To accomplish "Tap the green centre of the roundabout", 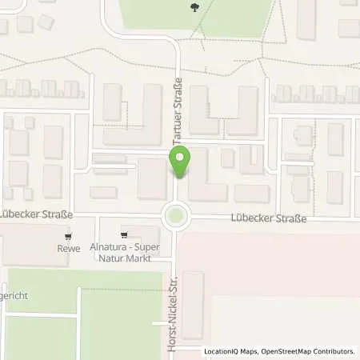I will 176,215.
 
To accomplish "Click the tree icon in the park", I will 196,9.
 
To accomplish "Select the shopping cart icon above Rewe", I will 70,236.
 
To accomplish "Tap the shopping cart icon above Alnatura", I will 124,235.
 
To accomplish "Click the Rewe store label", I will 70,248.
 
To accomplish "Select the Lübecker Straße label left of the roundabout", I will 37,214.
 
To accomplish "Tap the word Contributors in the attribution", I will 333,351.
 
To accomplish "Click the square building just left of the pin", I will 151,178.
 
